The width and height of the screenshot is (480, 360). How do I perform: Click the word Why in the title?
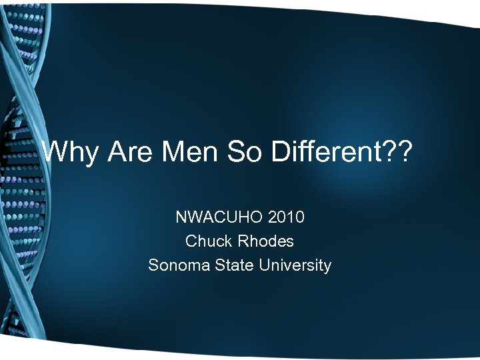click(x=69, y=153)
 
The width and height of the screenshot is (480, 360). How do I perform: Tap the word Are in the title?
click(x=130, y=153)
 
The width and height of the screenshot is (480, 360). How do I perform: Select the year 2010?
click(x=284, y=217)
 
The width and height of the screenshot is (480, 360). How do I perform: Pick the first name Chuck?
click(x=206, y=241)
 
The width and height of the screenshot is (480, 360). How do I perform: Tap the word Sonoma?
click(x=178, y=265)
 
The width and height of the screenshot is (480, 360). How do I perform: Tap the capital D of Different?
click(x=280, y=153)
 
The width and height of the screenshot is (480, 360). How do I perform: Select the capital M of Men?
click(x=171, y=153)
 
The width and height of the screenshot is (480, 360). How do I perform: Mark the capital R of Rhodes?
click(x=243, y=241)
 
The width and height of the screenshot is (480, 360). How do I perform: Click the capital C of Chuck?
click(x=191, y=241)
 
